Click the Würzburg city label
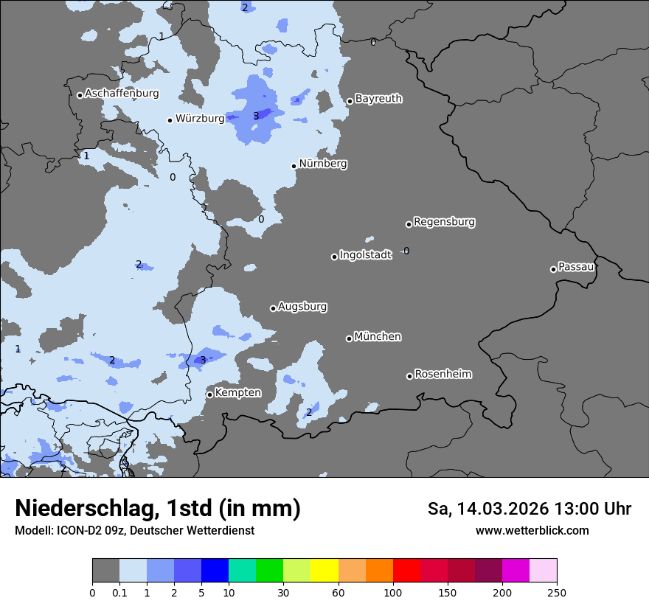(200, 119)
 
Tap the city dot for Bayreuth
(350, 102)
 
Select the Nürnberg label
(323, 164)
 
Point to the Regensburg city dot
(409, 224)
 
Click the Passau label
(577, 267)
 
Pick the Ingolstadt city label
(366, 255)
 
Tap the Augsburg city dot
(273, 308)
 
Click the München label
(378, 337)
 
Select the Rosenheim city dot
(409, 377)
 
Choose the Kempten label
(237, 393)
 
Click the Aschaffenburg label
(122, 94)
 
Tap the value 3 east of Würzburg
(256, 116)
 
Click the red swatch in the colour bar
(406, 571)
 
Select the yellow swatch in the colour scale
(324, 571)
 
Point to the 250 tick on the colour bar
(557, 592)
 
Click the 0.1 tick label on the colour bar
(119, 592)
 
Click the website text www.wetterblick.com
(532, 531)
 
